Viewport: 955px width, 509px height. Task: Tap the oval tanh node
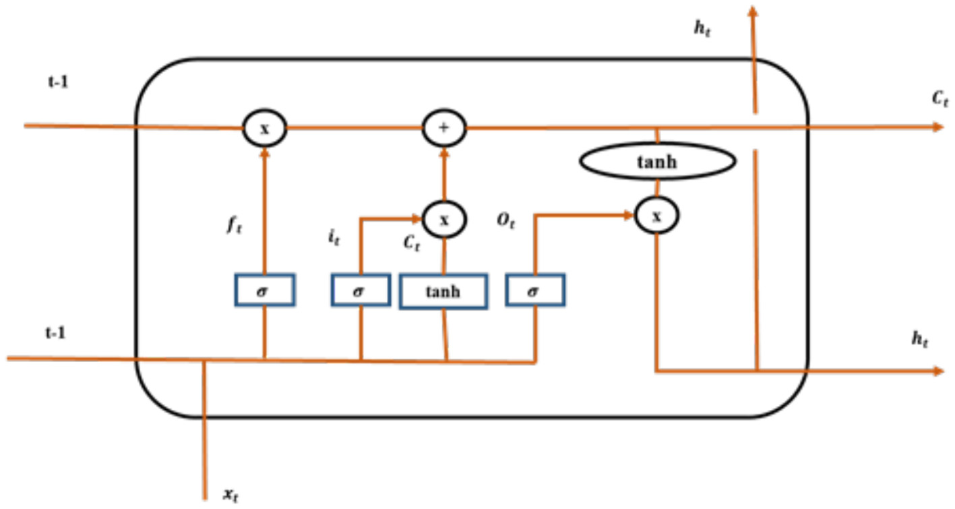(x=657, y=162)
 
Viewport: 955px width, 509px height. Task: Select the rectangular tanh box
(x=443, y=291)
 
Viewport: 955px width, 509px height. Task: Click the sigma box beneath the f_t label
(x=264, y=291)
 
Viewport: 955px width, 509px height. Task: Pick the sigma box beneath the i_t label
(x=361, y=291)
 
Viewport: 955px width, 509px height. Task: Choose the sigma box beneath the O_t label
(x=536, y=291)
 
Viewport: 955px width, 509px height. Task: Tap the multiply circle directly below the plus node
(x=444, y=218)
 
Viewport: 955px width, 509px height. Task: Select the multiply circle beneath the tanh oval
(x=657, y=216)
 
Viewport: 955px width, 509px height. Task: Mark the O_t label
(x=506, y=222)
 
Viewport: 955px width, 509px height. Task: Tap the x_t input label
(x=230, y=496)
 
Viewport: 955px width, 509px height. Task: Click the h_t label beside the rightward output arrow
(x=919, y=340)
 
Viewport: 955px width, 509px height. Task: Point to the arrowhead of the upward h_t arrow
(x=753, y=9)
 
